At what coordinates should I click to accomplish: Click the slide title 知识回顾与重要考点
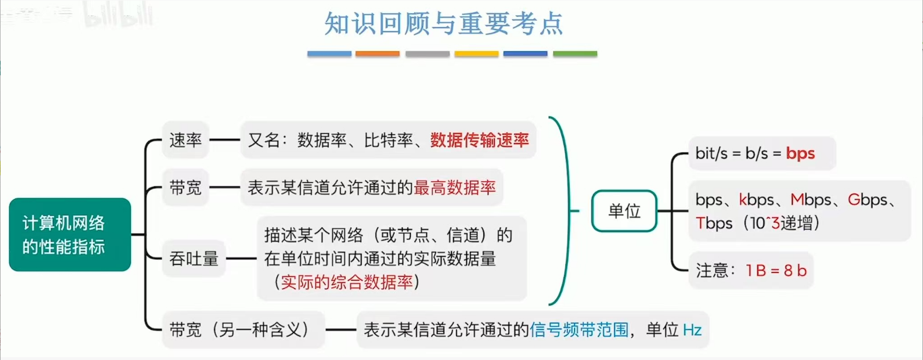click(443, 24)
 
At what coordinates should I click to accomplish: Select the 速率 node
click(185, 140)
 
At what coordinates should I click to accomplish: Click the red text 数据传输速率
click(479, 140)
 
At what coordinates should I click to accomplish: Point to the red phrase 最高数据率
click(454, 188)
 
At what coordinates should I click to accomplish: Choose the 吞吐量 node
click(193, 258)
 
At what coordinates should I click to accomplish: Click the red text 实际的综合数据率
click(346, 282)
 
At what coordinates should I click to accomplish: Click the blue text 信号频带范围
click(579, 330)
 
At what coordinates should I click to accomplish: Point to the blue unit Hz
click(692, 330)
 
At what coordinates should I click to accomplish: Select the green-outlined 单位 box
click(624, 211)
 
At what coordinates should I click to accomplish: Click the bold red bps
click(800, 153)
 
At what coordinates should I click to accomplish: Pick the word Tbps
click(714, 223)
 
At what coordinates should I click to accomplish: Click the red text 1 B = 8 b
click(775, 270)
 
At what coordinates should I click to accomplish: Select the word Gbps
click(867, 200)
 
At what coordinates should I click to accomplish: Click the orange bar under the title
click(377, 54)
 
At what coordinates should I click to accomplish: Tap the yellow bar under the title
click(476, 54)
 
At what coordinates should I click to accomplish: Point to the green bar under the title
click(575, 54)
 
